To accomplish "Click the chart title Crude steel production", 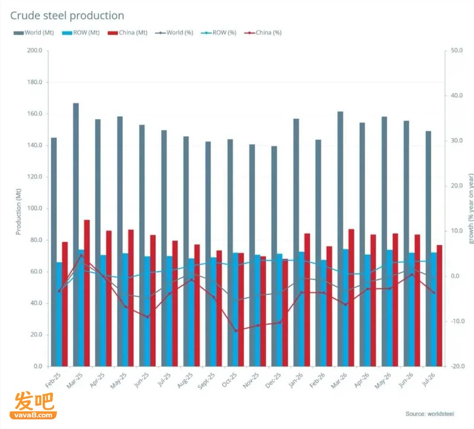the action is point(67,16).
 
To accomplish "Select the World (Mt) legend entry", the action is point(34,33).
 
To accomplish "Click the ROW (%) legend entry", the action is point(219,33).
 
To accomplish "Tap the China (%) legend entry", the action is point(263,33).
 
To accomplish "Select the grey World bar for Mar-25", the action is point(76,235).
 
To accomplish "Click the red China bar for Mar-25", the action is point(87,293).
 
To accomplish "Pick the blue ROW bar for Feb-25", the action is point(59,314).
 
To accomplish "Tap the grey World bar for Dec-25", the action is point(274,256).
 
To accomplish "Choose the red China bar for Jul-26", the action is point(439,306).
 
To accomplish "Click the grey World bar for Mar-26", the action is point(340,239).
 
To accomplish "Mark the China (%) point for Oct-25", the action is point(236,331).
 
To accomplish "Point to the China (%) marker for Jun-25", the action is point(148,317).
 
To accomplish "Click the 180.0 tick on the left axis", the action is point(35,82).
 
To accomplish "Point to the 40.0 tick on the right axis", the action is point(456,95).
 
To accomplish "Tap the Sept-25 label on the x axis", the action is point(206,380).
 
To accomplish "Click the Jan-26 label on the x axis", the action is point(295,380).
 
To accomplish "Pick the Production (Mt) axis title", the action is point(18,212).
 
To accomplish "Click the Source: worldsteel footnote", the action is point(430,414).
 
